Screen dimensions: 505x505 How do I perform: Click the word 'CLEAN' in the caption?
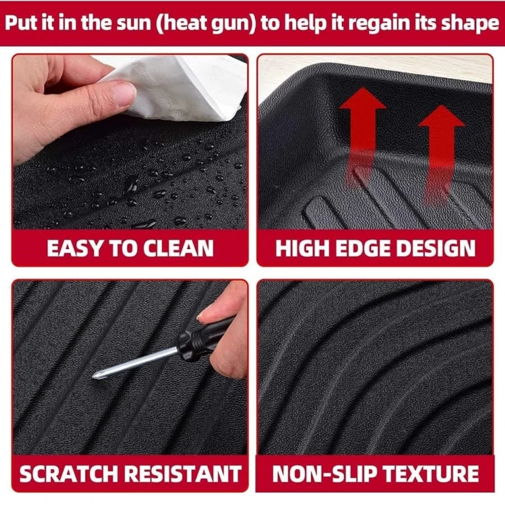178,249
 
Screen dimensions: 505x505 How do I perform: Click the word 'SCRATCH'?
69,474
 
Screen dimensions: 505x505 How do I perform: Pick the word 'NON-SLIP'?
325,474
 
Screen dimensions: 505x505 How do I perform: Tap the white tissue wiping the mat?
180,87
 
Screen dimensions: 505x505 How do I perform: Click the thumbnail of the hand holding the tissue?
125,94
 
